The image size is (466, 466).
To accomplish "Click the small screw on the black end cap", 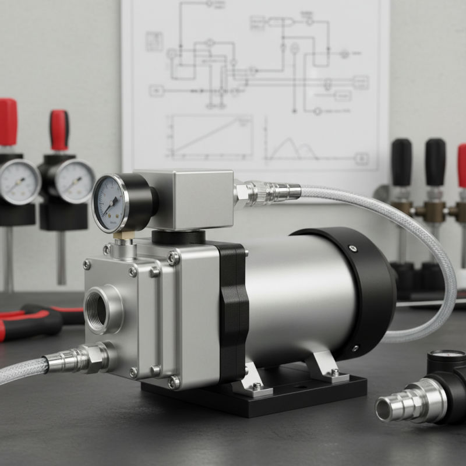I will coord(353,249).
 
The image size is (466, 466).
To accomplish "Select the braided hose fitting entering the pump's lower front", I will coord(76,358).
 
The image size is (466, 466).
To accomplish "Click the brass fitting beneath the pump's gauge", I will coord(122,236).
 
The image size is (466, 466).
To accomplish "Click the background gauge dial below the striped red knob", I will coord(73,181).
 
